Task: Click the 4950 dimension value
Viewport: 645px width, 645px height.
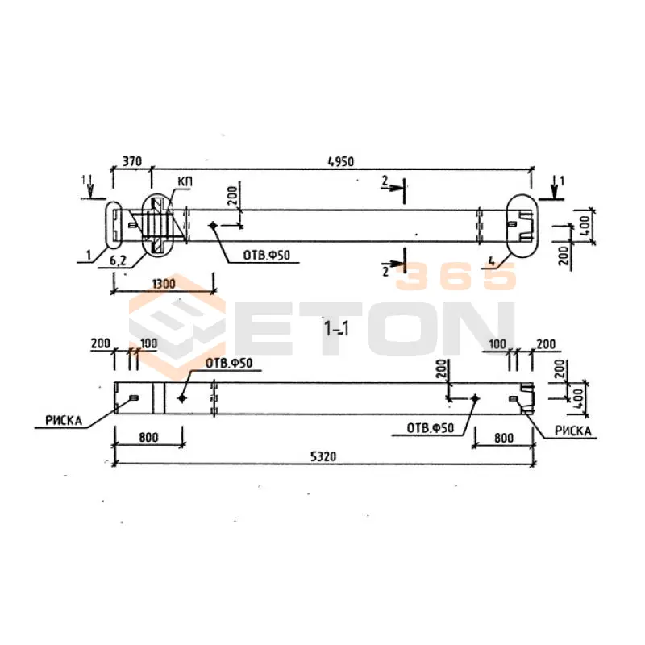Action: pos(340,162)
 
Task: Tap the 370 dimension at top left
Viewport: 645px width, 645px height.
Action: pos(132,160)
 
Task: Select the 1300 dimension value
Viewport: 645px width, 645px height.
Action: pos(164,284)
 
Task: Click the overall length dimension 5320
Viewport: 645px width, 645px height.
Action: pos(323,456)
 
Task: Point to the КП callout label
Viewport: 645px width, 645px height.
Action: pos(185,181)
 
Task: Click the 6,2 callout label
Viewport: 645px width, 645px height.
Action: pos(118,260)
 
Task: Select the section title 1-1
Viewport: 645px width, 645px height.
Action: pos(336,329)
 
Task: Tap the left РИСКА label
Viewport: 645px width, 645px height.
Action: pos(64,420)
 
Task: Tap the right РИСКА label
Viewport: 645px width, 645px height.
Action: pos(573,431)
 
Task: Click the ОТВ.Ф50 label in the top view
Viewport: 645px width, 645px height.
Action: pos(267,256)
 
